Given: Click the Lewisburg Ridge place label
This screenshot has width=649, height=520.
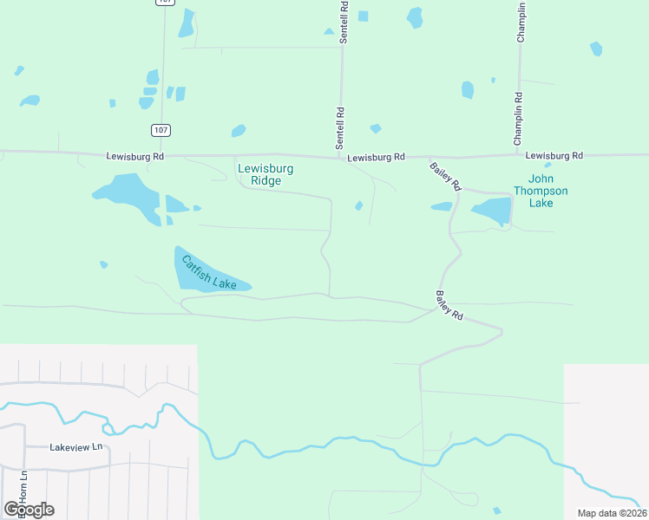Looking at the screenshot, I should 265,174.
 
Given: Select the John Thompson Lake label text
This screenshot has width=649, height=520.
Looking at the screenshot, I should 541,191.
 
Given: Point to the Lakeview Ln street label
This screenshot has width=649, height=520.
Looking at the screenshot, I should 76,447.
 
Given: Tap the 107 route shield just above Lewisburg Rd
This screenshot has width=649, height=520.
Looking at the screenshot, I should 161,130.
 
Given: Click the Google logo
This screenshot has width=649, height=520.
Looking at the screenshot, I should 28,510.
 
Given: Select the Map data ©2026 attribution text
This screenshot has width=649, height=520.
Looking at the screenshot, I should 612,513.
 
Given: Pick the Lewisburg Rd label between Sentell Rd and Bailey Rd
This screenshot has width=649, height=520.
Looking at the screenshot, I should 376,158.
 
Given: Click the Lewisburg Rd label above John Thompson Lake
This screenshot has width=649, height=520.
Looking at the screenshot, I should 554,156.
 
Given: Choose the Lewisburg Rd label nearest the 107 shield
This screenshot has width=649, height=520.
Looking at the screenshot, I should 134,157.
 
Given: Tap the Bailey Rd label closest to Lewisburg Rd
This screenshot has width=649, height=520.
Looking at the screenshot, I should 445,175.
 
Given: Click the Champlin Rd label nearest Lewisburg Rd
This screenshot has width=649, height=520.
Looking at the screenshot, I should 519,119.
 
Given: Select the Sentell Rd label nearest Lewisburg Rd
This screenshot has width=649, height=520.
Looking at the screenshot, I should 341,126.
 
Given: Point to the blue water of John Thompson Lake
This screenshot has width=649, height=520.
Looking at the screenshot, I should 493,211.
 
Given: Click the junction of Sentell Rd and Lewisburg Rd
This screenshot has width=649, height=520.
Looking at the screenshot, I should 341,158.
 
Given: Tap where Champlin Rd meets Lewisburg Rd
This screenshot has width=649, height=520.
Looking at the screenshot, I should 519,157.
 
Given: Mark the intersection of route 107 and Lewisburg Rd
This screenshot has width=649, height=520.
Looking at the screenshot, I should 161,157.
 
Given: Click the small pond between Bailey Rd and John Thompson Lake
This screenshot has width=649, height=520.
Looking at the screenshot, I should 442,206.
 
